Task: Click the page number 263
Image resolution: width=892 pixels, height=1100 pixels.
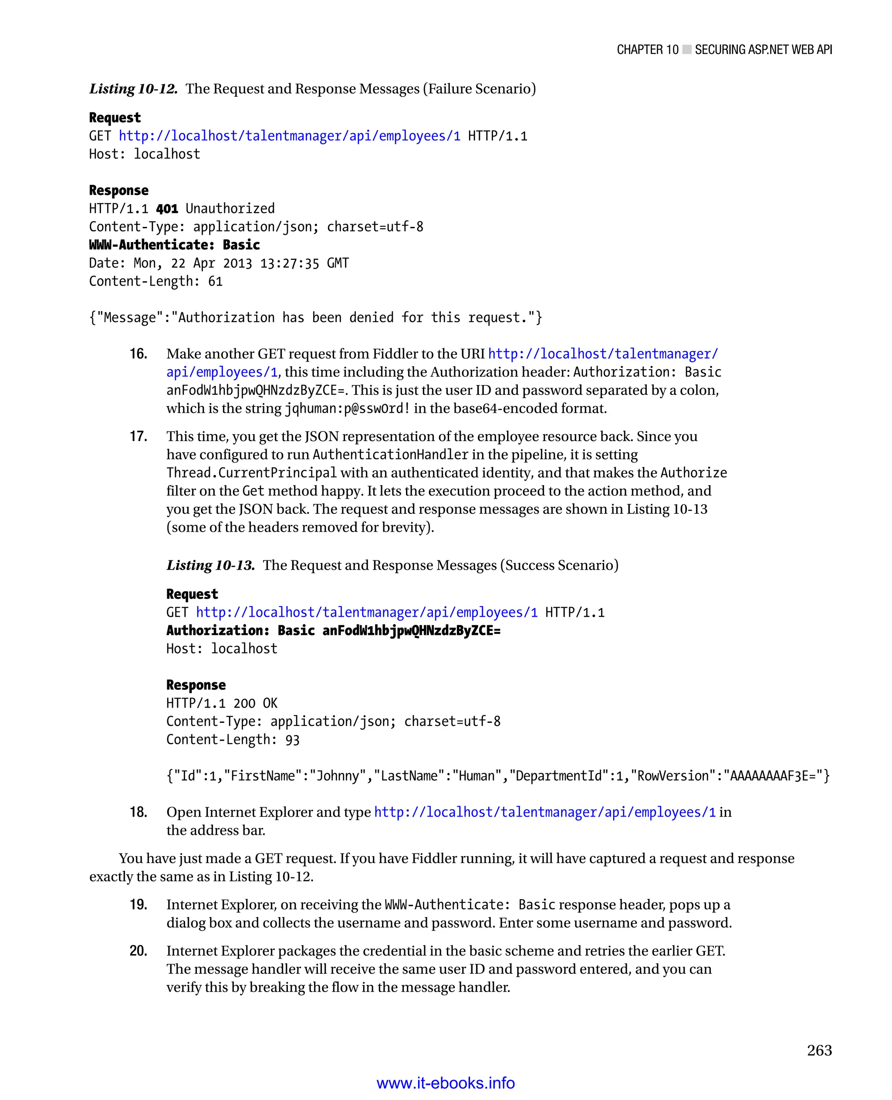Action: coord(818,1050)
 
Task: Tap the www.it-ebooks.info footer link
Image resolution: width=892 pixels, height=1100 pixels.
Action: coord(446,1083)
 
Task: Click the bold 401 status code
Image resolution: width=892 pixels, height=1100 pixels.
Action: coord(167,209)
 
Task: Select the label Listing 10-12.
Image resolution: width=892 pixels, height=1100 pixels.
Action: coord(134,89)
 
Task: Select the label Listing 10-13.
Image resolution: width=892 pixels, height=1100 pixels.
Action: coord(211,565)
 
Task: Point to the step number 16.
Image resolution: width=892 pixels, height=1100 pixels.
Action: coord(138,354)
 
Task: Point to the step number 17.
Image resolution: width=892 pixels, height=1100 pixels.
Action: coord(138,436)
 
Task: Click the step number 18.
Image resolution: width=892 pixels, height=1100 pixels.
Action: coord(138,812)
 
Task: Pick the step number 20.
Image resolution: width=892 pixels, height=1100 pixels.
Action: coord(138,951)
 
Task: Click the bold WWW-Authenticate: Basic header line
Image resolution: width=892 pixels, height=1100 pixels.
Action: coord(174,245)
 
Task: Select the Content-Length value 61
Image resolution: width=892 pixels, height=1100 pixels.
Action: coord(215,282)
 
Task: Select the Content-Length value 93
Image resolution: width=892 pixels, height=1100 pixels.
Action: coord(292,740)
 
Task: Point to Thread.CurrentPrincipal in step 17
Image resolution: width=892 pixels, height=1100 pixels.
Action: coord(251,472)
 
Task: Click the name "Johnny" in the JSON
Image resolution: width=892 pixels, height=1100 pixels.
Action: coord(337,776)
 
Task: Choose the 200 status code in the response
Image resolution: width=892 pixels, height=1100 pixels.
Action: coord(244,703)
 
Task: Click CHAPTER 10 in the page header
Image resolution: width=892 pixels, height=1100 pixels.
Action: coord(647,50)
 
